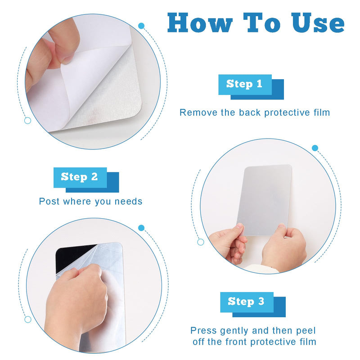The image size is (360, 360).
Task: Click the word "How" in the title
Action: coord(200,22)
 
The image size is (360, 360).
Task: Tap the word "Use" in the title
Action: coord(318,22)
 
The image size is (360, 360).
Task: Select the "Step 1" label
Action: coord(244,84)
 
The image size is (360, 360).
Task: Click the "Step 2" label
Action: coord(80,177)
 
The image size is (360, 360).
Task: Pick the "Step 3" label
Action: coord(246,301)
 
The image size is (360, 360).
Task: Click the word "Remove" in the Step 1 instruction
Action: coord(198,112)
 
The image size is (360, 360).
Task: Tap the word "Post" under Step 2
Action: coord(49,201)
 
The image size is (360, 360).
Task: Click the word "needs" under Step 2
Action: coord(129,202)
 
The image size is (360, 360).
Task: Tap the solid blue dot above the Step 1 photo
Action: coord(141,26)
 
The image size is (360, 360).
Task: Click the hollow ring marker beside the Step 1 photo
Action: coord(27,121)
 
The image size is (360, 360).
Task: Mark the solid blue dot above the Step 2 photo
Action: coord(315,148)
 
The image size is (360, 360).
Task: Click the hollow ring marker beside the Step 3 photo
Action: coord(28,319)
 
